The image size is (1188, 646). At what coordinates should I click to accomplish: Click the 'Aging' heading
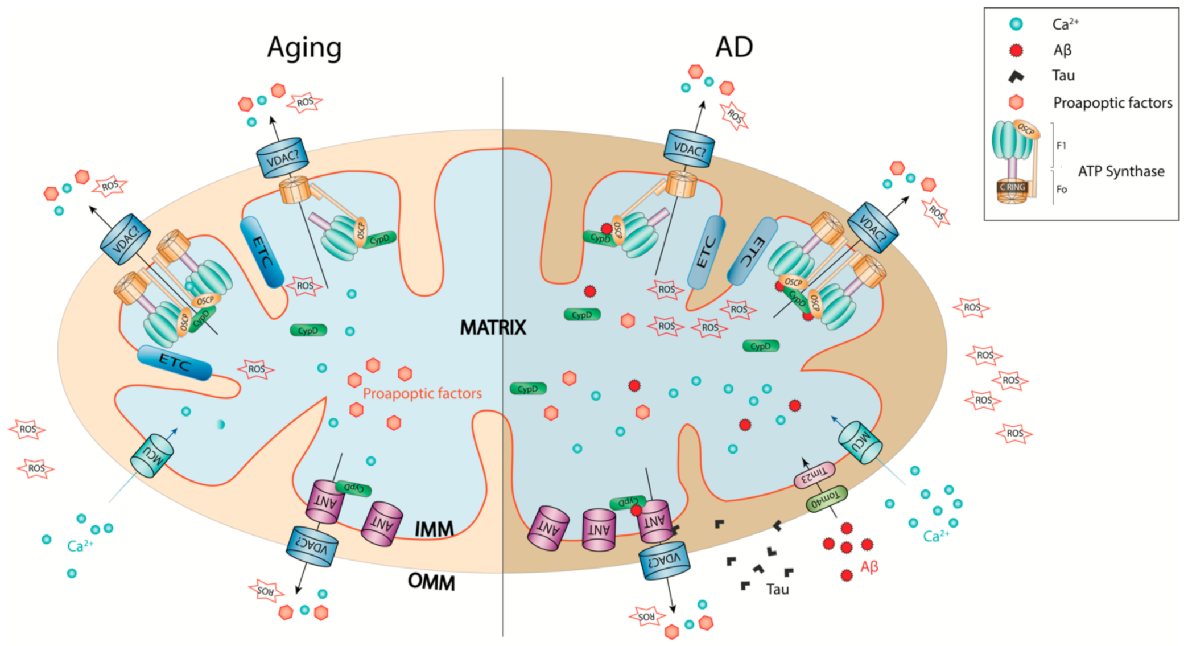pyautogui.click(x=304, y=48)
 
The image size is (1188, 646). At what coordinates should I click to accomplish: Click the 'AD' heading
pyautogui.click(x=733, y=47)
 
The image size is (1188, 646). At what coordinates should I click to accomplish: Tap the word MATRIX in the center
pyautogui.click(x=493, y=328)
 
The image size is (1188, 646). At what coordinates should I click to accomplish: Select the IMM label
pyautogui.click(x=434, y=530)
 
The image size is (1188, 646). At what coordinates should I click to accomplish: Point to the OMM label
pyautogui.click(x=431, y=582)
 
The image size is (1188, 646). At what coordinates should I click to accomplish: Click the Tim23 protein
pyautogui.click(x=814, y=475)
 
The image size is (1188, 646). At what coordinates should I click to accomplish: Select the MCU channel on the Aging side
pyautogui.click(x=152, y=455)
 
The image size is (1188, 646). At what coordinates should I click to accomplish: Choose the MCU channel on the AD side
pyautogui.click(x=860, y=442)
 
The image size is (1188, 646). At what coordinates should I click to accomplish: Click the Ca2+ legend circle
pyautogui.click(x=1016, y=24)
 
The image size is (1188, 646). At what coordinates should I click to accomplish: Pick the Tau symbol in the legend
pyautogui.click(x=1016, y=76)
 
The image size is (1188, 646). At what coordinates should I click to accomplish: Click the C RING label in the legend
pyautogui.click(x=1012, y=187)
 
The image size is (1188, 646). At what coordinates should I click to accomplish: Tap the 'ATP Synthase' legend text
pyautogui.click(x=1120, y=171)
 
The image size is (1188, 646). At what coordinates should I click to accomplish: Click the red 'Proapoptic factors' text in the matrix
pyautogui.click(x=422, y=393)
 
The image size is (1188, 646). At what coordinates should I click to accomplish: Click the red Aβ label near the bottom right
pyautogui.click(x=869, y=567)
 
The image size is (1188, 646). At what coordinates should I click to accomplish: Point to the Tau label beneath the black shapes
pyautogui.click(x=777, y=589)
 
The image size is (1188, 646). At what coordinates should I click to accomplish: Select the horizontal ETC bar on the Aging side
pyautogui.click(x=175, y=363)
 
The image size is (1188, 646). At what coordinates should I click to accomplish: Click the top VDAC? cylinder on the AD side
pyautogui.click(x=689, y=149)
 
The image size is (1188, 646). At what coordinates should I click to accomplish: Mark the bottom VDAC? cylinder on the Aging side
pyautogui.click(x=311, y=546)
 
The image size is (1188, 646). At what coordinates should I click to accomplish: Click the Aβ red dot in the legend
pyautogui.click(x=1016, y=50)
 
